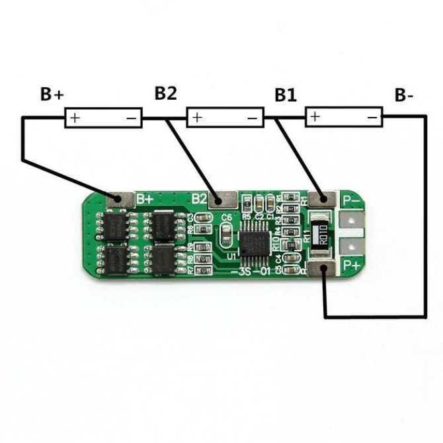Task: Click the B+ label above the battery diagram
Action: [52, 95]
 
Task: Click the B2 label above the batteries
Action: [166, 93]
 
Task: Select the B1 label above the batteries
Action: [286, 95]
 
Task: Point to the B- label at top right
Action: [404, 95]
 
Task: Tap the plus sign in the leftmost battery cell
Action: [75, 118]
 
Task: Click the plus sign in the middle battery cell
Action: [197, 118]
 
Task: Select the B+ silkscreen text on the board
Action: [145, 198]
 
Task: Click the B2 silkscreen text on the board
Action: [200, 198]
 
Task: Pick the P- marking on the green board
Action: [350, 198]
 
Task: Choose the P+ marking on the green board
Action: [351, 266]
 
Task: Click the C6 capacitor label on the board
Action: [226, 218]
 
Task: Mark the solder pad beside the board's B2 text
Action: [224, 198]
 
